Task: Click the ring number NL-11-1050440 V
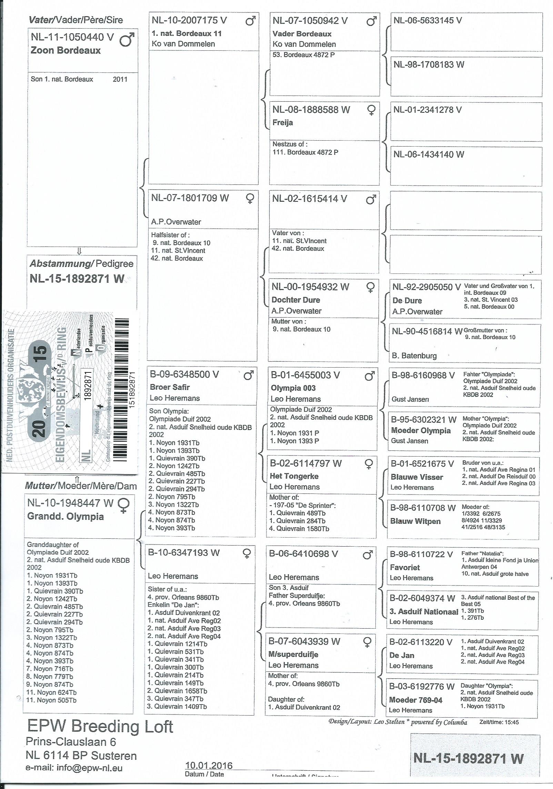pos(72,37)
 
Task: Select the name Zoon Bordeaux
pos(66,50)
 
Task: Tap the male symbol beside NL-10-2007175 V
pos(251,21)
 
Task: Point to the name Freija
pos(283,122)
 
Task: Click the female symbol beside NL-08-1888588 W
pos(371,110)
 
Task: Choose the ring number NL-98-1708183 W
pos(429,64)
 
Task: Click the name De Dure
pos(407,300)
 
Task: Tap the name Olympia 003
pos(293,388)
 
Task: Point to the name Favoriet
pos(405,567)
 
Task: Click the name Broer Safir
pos(170,387)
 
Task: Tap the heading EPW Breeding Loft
pos(100,727)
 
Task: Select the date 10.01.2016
pos(209,766)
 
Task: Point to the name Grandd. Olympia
pos(66,517)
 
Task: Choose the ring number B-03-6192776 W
pos(422,686)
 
